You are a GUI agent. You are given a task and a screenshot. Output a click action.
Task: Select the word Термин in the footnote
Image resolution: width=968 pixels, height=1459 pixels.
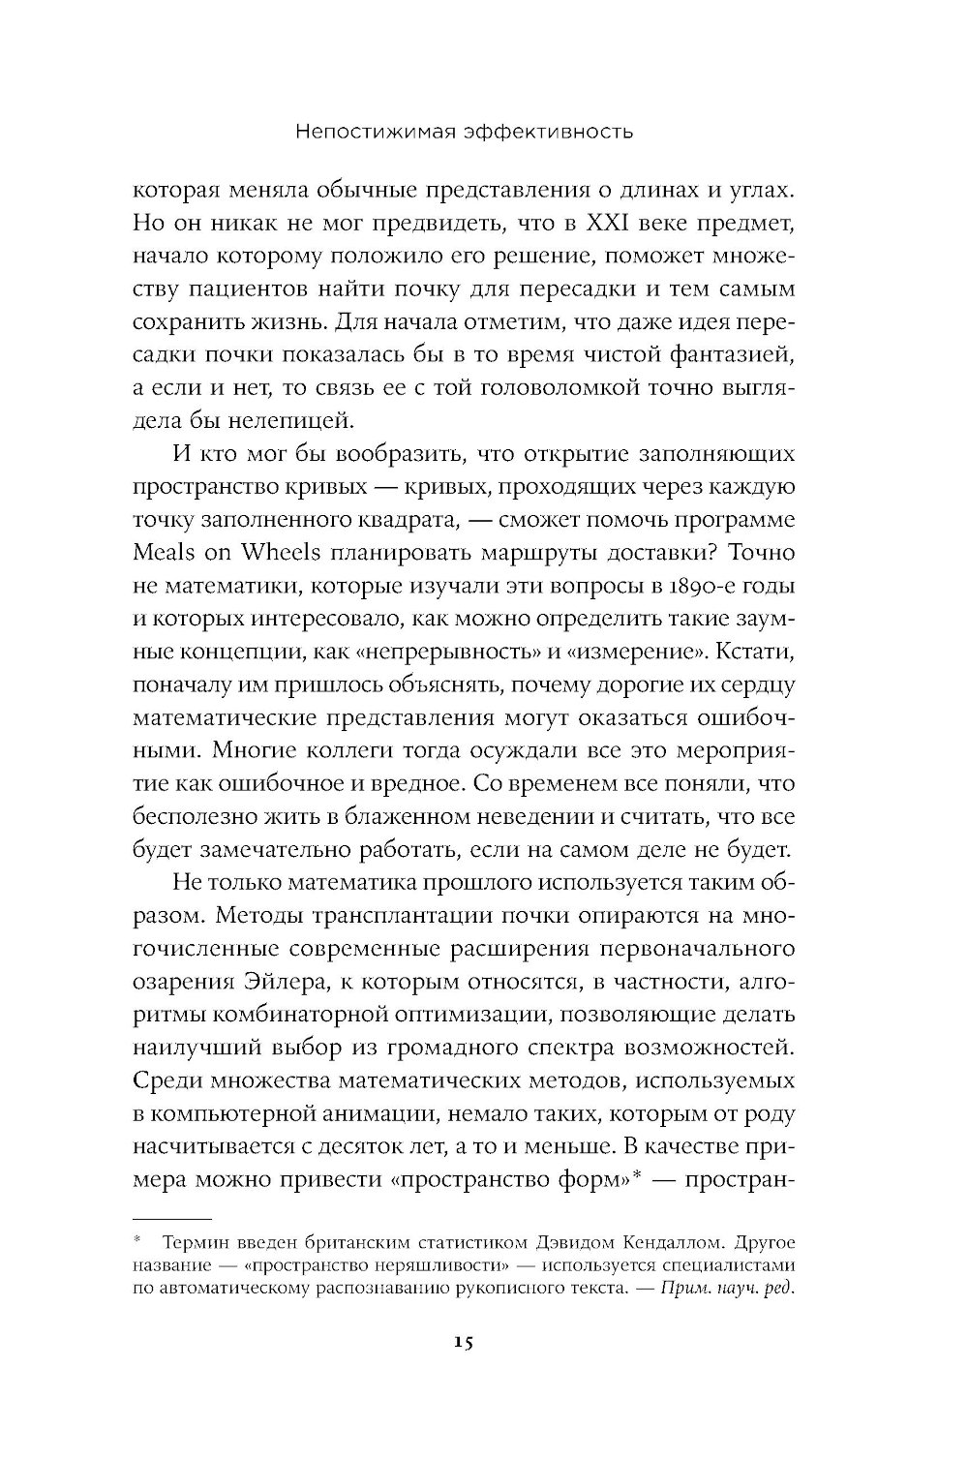point(194,1241)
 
